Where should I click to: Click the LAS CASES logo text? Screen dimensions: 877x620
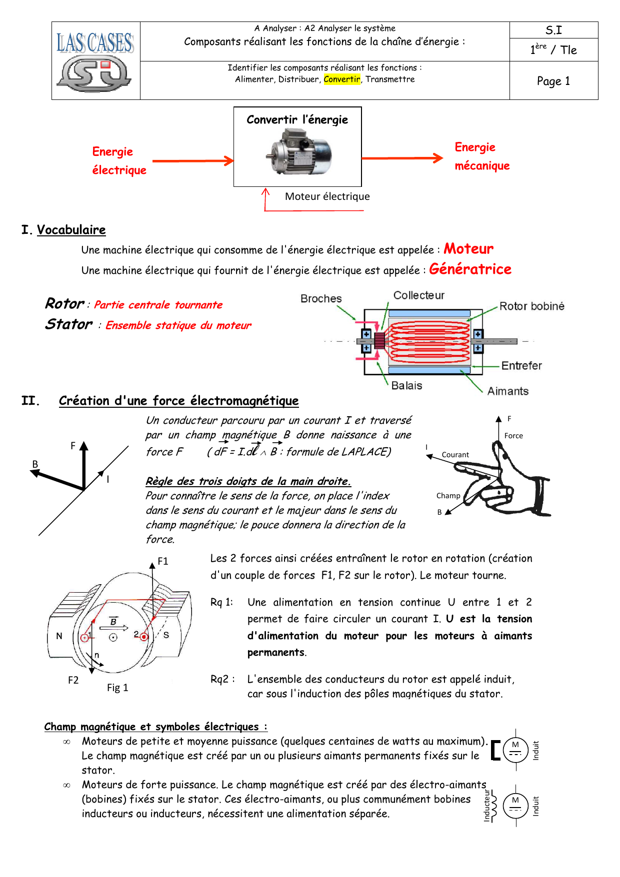[x=95, y=43]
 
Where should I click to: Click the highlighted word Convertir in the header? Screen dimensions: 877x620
[x=342, y=79]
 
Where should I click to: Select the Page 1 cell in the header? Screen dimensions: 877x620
[x=553, y=81]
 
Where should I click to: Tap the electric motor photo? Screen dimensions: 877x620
[x=298, y=151]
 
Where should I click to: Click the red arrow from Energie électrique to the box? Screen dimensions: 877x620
[x=193, y=161]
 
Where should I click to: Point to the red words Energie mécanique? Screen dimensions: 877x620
[x=482, y=156]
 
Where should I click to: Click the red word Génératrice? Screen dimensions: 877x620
[x=470, y=269]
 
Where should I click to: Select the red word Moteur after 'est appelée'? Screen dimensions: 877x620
[x=468, y=249]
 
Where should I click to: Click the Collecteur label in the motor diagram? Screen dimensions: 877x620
[x=419, y=295]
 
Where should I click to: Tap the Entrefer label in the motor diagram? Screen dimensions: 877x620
[x=521, y=366]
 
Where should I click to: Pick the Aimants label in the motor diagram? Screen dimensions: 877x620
[x=508, y=391]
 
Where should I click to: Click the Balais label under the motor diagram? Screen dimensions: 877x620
[x=406, y=386]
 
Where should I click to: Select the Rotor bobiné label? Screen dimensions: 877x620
[x=532, y=306]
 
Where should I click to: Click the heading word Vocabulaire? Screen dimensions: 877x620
[x=71, y=230]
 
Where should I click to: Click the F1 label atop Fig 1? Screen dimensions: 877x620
[x=163, y=561]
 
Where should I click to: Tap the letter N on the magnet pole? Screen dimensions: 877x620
[x=59, y=636]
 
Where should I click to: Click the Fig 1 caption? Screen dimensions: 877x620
[x=117, y=688]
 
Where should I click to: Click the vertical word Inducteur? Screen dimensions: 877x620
[x=487, y=806]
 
